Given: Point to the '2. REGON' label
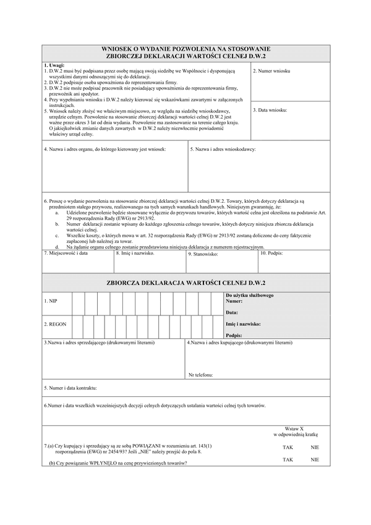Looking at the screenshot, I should tap(55, 324).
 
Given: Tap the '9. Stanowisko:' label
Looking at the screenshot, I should tap(203, 254).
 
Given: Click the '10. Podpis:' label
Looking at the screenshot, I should tap(272, 253).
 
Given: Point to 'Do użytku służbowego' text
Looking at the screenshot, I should tap(250, 295).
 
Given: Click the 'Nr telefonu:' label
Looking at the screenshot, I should tap(201, 374).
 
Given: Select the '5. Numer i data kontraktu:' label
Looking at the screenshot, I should tap(70, 388).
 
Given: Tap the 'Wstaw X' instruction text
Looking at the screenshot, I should tap(294, 429).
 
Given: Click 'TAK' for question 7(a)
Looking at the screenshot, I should tap(288, 446).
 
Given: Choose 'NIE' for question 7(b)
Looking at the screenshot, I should tap(315, 459).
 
